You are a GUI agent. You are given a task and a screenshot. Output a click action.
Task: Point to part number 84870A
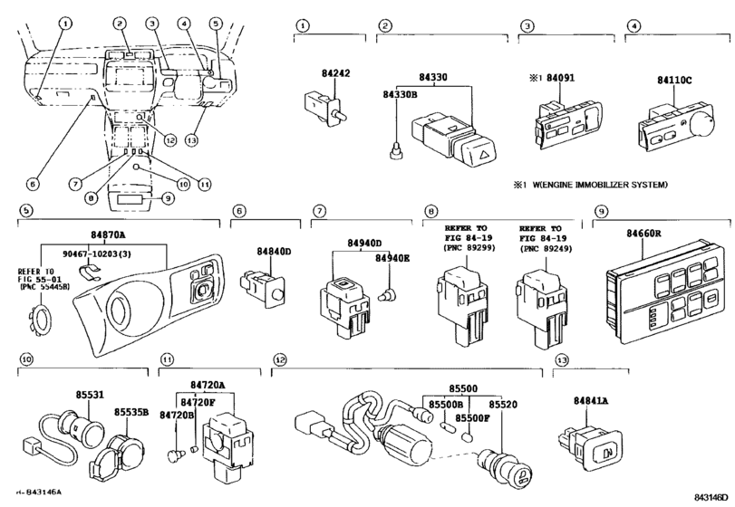108,234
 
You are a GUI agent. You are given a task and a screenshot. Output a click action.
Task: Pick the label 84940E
392,259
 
